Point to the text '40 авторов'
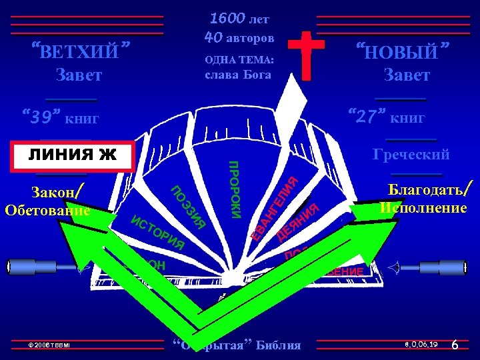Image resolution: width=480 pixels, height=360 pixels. pyautogui.click(x=241, y=35)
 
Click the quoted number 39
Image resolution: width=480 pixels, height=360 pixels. pyautogui.click(x=44, y=118)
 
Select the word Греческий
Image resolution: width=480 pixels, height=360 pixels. pyautogui.click(x=411, y=155)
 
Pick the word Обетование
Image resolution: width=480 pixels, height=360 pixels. pyautogui.click(x=47, y=211)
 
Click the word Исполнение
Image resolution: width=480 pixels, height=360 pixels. pyautogui.click(x=423, y=208)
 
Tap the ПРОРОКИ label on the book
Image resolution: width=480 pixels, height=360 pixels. pyautogui.click(x=235, y=189)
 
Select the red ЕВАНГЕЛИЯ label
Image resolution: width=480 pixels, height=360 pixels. pyautogui.click(x=274, y=206)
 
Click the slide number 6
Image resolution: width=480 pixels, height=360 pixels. pyautogui.click(x=455, y=345)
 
